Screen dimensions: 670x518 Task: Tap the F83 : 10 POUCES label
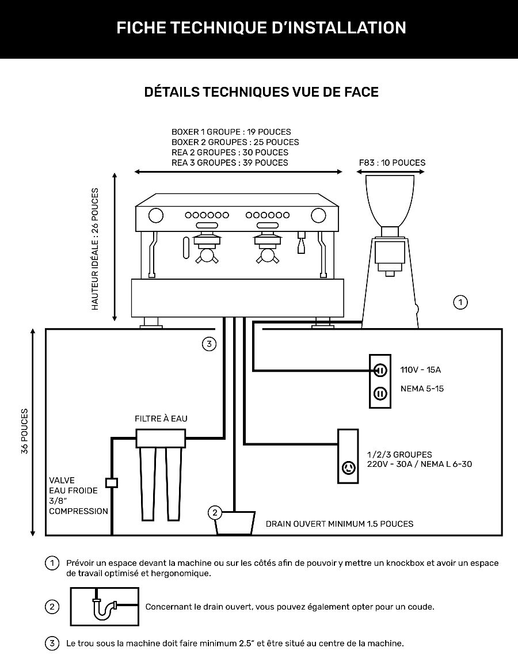tap(392, 162)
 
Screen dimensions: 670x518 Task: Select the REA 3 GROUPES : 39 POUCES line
tap(230, 163)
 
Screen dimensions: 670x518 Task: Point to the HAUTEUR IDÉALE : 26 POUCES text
tap(95, 249)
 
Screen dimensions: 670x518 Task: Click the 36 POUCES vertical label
tap(25, 432)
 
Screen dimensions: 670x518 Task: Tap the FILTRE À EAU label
tap(161, 418)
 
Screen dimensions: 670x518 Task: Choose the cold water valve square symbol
tap(112, 482)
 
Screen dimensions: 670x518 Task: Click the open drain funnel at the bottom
tap(235, 522)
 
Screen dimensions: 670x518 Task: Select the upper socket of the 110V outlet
tap(380, 370)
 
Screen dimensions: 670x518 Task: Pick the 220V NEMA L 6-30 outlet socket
tap(348, 467)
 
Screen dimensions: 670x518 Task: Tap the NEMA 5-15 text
tap(422, 389)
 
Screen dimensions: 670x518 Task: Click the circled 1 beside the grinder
tap(460, 302)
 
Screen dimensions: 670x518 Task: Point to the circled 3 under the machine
tap(209, 344)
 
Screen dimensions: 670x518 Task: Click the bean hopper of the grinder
tap(390, 200)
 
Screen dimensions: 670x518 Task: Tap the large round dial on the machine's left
tap(155, 215)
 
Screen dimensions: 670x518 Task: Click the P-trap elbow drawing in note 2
tap(104, 607)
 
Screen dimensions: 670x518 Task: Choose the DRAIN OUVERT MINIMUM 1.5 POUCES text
tap(340, 524)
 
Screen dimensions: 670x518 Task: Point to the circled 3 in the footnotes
tap(52, 643)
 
